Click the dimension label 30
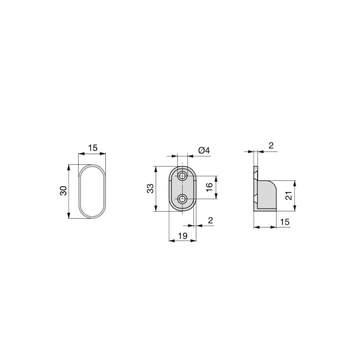click(63, 190)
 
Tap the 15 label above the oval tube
click(93, 148)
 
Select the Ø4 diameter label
click(204, 150)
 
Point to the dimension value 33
click(150, 189)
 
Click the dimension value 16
click(210, 188)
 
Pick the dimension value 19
click(183, 236)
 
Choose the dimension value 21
click(289, 195)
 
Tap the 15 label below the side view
click(285, 222)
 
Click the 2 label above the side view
click(271, 145)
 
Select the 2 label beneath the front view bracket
click(211, 220)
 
